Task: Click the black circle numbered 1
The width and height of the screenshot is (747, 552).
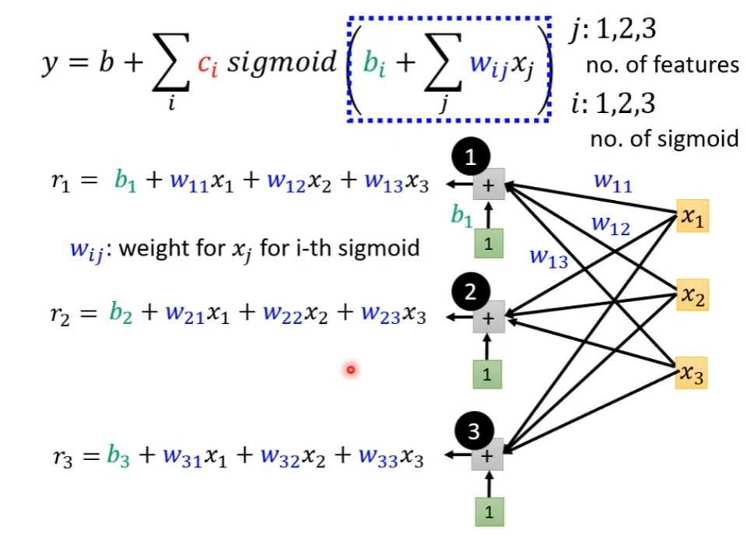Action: click(469, 159)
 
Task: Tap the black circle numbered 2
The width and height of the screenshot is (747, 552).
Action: click(469, 293)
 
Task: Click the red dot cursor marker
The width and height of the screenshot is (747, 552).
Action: click(350, 369)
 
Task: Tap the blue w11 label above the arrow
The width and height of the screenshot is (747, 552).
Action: click(612, 183)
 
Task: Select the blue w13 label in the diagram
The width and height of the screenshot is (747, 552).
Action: click(548, 258)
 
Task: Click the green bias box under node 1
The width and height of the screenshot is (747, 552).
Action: click(488, 244)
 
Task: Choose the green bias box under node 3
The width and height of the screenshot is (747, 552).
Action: click(489, 512)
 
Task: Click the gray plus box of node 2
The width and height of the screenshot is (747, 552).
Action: click(488, 317)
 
